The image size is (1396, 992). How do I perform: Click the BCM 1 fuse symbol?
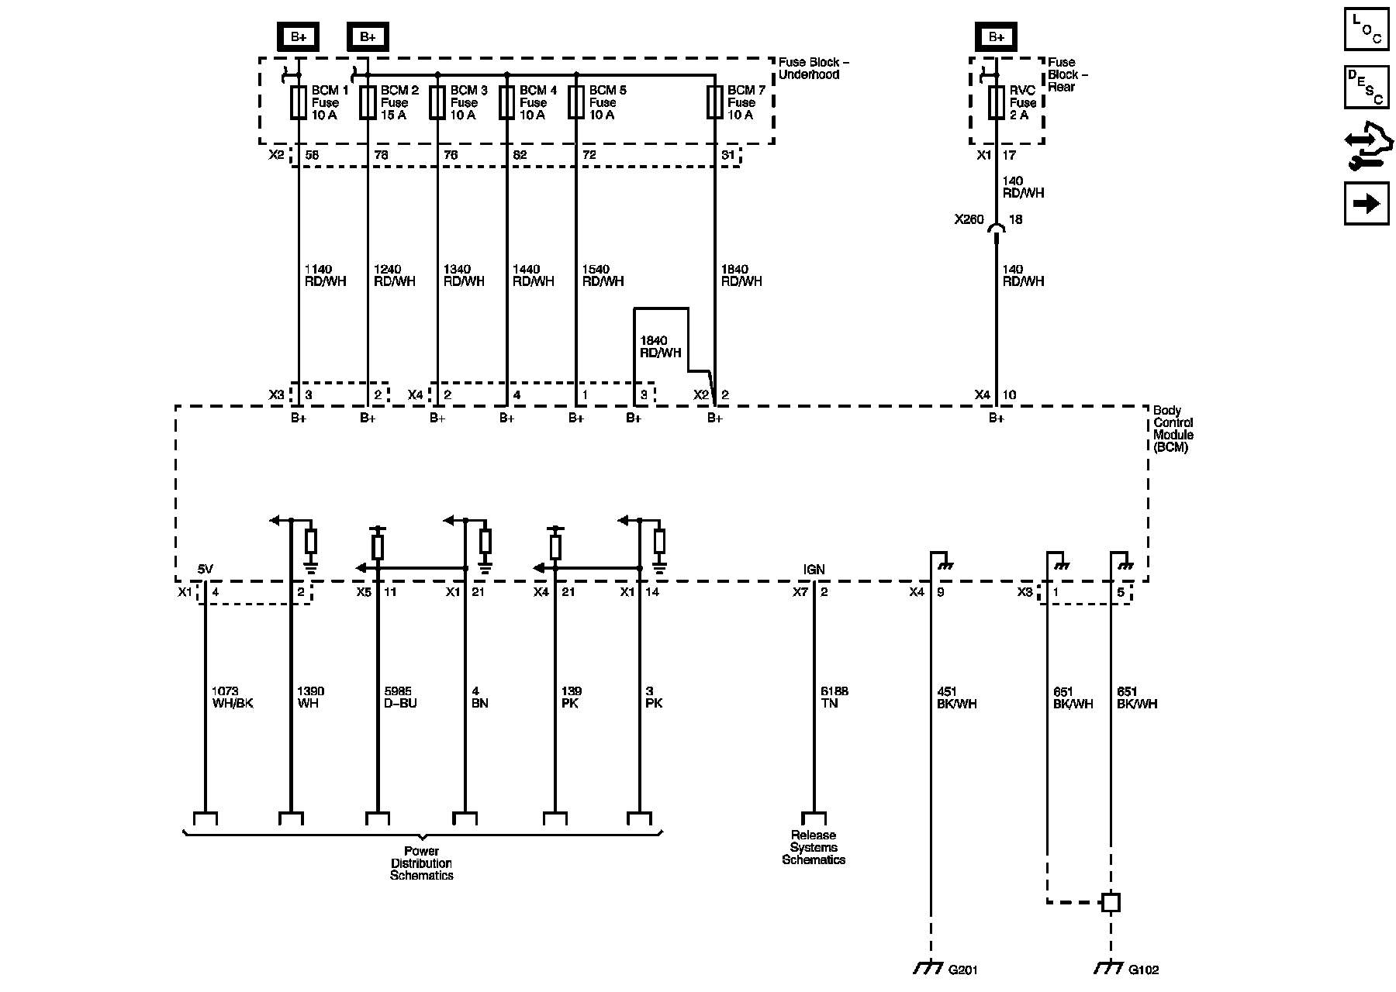(299, 102)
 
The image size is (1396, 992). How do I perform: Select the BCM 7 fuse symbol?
(714, 102)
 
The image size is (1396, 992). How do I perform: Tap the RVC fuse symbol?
(997, 102)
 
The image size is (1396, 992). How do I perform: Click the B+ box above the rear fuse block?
(997, 36)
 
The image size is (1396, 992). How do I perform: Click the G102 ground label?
(1143, 970)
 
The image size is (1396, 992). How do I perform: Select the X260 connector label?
(969, 219)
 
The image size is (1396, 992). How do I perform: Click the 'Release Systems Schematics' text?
(814, 847)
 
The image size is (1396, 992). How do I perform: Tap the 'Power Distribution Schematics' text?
(421, 863)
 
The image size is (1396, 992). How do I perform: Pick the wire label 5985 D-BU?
(400, 697)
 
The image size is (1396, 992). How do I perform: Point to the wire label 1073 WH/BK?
(232, 697)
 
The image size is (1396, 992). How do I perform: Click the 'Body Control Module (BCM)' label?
(1173, 429)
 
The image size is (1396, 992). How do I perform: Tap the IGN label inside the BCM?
(814, 570)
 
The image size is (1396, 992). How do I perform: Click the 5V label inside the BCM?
(205, 570)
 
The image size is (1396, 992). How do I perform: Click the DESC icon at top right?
(1367, 86)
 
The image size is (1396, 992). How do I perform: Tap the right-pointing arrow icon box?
(1367, 203)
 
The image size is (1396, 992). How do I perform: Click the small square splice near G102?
(1111, 902)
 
